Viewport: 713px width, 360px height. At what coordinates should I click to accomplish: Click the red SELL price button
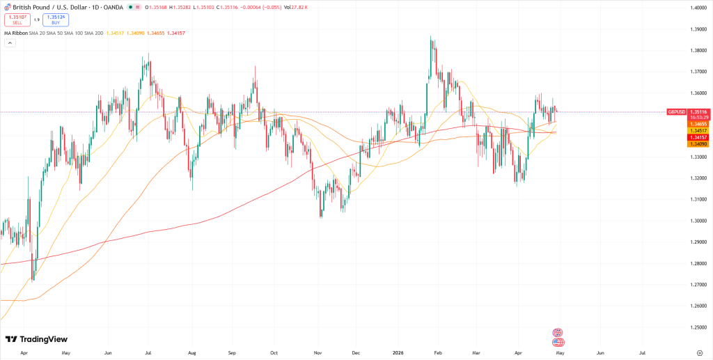tap(17, 19)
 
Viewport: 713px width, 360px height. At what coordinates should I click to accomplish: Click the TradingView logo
tap(36, 339)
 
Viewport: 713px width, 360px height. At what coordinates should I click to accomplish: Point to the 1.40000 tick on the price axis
tap(700, 8)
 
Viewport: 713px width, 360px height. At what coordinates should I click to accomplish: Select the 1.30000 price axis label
tap(700, 221)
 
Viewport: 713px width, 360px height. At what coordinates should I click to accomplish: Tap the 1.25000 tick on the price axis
tap(700, 327)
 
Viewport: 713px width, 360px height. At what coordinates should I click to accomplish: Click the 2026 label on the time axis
tap(399, 353)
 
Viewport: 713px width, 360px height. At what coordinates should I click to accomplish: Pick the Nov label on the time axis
tap(317, 353)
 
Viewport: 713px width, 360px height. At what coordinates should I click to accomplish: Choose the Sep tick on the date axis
tap(232, 353)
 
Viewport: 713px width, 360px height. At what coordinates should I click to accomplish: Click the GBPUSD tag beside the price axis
tap(677, 111)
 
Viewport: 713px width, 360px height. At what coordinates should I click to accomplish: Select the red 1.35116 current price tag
tap(698, 111)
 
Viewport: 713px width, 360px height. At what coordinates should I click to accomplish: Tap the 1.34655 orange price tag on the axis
tap(698, 124)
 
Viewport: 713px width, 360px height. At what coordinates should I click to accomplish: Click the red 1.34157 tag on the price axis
tap(698, 137)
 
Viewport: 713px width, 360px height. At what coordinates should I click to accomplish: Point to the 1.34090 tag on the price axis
tap(698, 144)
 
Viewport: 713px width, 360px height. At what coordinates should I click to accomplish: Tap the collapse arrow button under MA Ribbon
tap(10, 43)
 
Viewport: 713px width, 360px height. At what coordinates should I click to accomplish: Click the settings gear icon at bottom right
tap(699, 353)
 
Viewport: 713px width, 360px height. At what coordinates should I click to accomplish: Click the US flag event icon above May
tap(557, 343)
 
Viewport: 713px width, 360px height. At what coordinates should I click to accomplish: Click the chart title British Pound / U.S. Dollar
tap(46, 8)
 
